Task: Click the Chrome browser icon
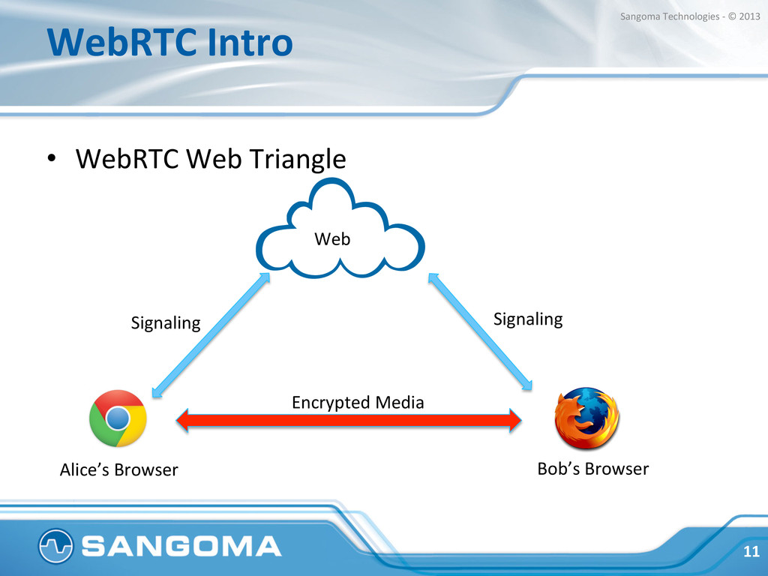pyautogui.click(x=118, y=418)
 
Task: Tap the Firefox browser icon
pyautogui.click(x=586, y=418)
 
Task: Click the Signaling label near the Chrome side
pyautogui.click(x=166, y=323)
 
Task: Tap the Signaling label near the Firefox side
pyautogui.click(x=528, y=319)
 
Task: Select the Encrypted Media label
pyautogui.click(x=357, y=403)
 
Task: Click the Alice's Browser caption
pyautogui.click(x=118, y=470)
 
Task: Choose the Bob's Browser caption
pyautogui.click(x=592, y=469)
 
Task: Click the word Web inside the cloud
pyautogui.click(x=331, y=239)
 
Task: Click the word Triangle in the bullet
pyautogui.click(x=297, y=158)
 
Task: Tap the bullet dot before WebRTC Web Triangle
pyautogui.click(x=51, y=159)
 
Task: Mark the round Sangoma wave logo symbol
pyautogui.click(x=56, y=546)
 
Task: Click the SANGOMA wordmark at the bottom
pyautogui.click(x=181, y=546)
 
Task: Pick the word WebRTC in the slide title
pyautogui.click(x=120, y=43)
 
